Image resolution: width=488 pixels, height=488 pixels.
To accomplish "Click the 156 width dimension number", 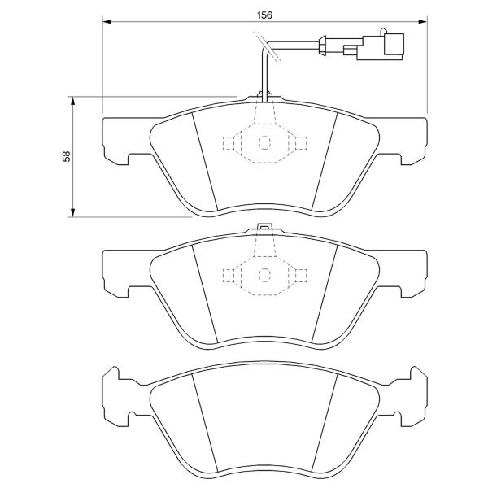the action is [264, 15].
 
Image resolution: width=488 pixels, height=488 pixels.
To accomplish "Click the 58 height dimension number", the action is [67, 156].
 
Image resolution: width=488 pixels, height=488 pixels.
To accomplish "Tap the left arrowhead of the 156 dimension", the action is [107, 21].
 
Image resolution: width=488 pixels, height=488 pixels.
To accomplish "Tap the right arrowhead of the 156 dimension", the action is [423, 21].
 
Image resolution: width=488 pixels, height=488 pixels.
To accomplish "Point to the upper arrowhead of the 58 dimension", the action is [72, 101].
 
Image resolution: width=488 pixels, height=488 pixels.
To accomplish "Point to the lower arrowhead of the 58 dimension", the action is [72, 212].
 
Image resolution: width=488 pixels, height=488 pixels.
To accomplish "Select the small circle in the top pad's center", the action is [264, 143].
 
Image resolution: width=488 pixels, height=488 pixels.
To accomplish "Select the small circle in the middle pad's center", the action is [264, 275].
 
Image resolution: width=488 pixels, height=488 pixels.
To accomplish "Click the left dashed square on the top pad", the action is [229, 143].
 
